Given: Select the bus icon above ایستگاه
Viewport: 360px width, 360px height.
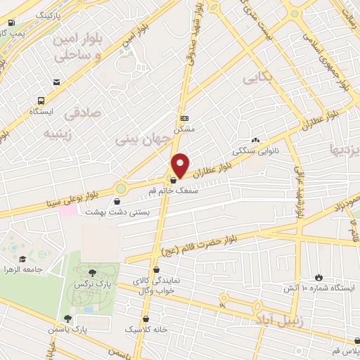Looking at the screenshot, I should pyautogui.click(x=41, y=101).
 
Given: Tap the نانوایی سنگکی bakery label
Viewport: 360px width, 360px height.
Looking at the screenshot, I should pyautogui.click(x=261, y=150).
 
